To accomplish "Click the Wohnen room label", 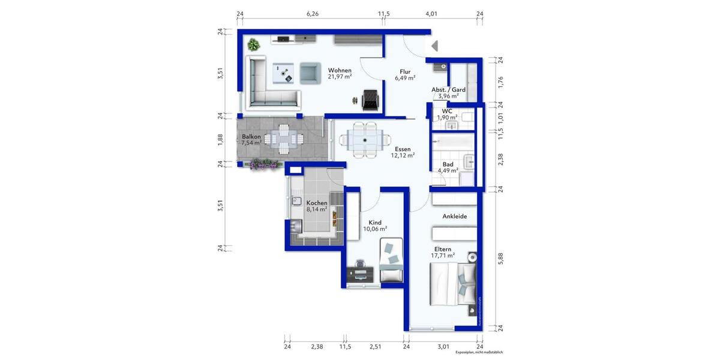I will coord(339,70).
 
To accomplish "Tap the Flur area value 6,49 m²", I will coord(405,78).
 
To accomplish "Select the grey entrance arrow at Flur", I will coord(435,46).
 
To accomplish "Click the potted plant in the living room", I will coord(254,44).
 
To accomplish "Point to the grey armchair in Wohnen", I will coord(310,72).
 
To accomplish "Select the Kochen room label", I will coord(316,203).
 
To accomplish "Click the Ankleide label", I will coord(455,216).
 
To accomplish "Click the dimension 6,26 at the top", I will coord(312,13).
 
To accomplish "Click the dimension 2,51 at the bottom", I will coord(376,346).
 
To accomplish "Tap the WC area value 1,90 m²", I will coord(446,118).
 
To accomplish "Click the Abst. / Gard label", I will coord(448,89).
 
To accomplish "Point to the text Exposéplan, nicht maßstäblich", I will coord(478,353).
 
